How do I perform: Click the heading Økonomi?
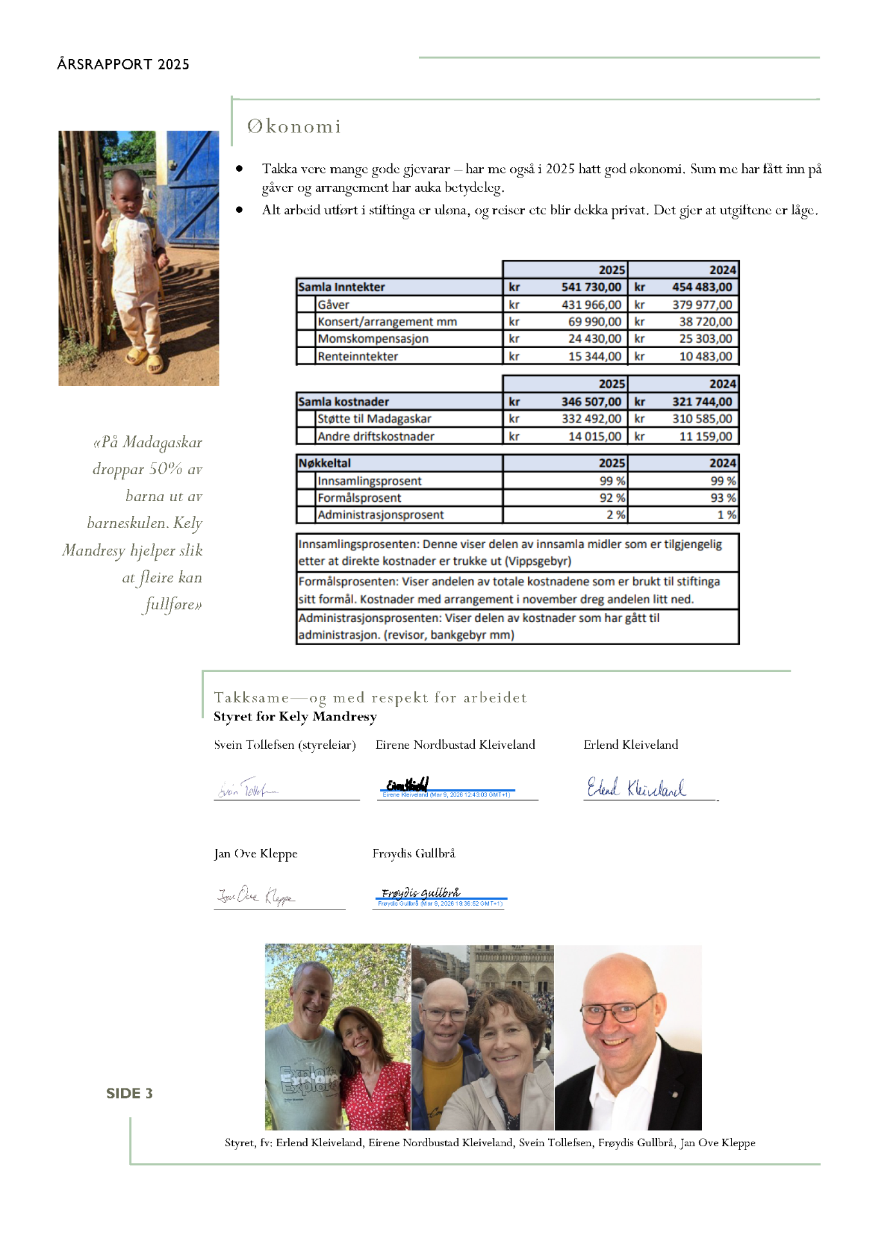click(x=294, y=126)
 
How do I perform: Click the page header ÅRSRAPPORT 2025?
click(x=123, y=64)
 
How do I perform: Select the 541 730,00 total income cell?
click(x=591, y=287)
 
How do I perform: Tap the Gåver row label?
click(x=333, y=304)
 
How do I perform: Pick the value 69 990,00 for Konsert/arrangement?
click(x=594, y=322)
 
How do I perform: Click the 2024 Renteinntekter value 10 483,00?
click(x=705, y=356)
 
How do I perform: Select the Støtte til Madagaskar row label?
click(x=374, y=418)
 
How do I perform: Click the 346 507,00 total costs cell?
click(x=591, y=401)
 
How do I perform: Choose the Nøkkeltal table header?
click(x=325, y=462)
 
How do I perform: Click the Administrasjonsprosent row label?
click(x=380, y=515)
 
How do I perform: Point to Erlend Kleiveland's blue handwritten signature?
click(x=636, y=787)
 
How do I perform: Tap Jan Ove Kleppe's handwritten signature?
click(x=255, y=895)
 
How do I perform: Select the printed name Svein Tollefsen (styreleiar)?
click(x=284, y=744)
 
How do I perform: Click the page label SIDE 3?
click(x=129, y=1093)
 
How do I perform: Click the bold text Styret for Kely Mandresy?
click(x=295, y=717)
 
